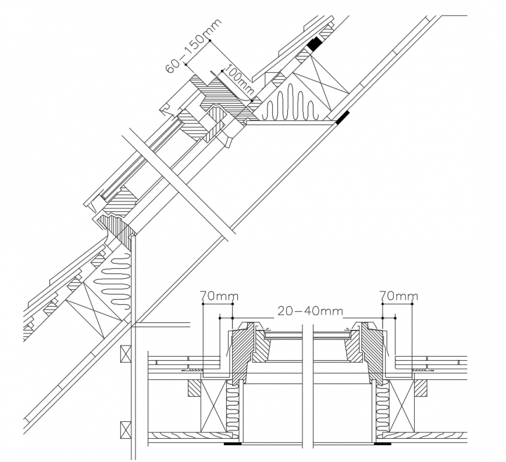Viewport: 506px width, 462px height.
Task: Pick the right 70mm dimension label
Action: [x=398, y=297]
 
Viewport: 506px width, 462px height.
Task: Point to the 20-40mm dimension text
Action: [x=309, y=311]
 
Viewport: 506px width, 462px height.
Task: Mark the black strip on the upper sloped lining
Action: [x=341, y=118]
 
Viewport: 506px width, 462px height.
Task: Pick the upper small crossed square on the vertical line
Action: [x=124, y=353]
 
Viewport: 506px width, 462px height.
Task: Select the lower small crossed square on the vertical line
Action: [x=124, y=429]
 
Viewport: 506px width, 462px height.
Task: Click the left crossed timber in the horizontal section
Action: [x=212, y=406]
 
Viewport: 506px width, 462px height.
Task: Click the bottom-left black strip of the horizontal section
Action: [x=233, y=444]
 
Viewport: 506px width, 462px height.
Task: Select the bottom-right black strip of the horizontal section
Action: [x=382, y=444]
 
